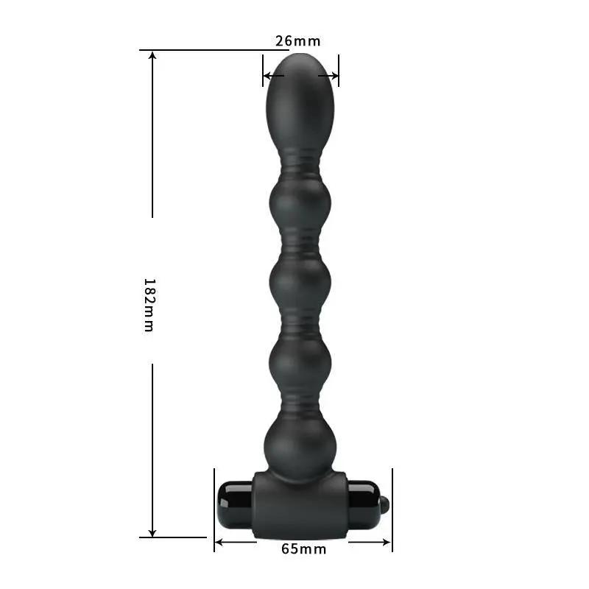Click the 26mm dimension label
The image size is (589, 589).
pyautogui.click(x=298, y=40)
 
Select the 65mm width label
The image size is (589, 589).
pyautogui.click(x=303, y=549)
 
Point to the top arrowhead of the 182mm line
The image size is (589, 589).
pyautogui.click(x=152, y=56)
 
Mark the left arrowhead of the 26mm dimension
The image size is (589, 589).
pyautogui.click(x=268, y=75)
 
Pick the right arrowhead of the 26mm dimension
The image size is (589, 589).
pyautogui.click(x=334, y=75)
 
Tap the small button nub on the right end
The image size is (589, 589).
pyautogui.click(x=384, y=504)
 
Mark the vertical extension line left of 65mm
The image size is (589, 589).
pyautogui.click(x=214, y=508)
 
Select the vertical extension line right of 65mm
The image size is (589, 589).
pyautogui.click(x=392, y=508)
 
